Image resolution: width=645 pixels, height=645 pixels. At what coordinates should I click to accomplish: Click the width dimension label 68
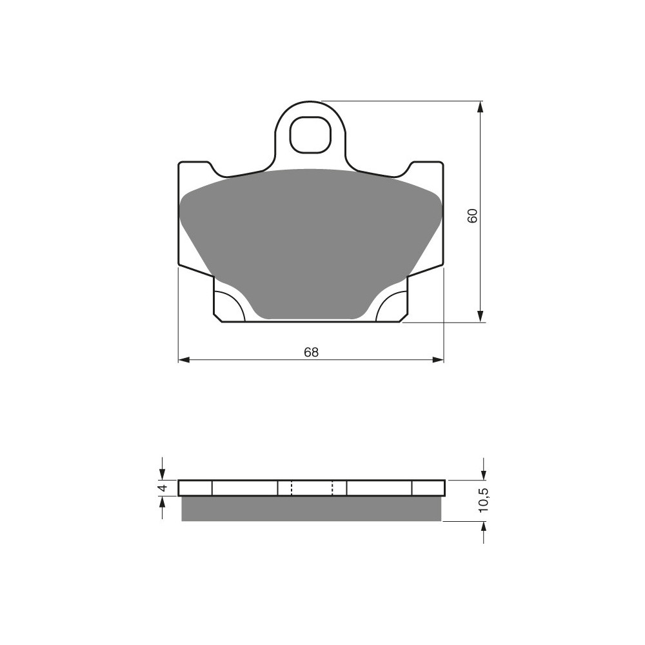[x=312, y=352]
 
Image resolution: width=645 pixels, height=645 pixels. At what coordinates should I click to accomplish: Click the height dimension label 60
[x=473, y=215]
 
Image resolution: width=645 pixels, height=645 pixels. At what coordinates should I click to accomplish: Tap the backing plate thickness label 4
[x=163, y=488]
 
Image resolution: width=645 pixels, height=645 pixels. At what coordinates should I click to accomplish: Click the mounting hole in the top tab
[x=310, y=135]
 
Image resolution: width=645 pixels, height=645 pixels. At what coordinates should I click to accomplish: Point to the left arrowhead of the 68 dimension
[x=183, y=360]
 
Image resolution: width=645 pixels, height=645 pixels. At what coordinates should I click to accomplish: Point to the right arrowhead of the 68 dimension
[x=439, y=360]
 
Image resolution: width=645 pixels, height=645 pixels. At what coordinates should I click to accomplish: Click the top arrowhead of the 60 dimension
[x=480, y=106]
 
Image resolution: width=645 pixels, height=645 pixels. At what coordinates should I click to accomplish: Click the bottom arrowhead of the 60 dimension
[x=480, y=316]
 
